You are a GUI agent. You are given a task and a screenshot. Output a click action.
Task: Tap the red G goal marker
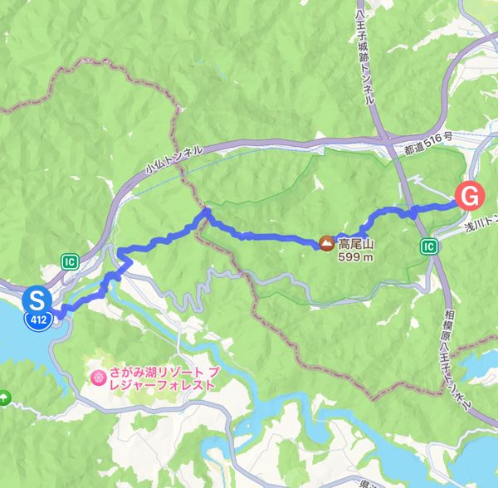[x=469, y=197]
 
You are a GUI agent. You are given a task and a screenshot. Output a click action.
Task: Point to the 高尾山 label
[x=356, y=244]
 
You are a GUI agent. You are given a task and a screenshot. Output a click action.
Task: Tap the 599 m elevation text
[x=354, y=257]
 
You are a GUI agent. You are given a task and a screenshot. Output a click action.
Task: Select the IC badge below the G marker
[x=428, y=246]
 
